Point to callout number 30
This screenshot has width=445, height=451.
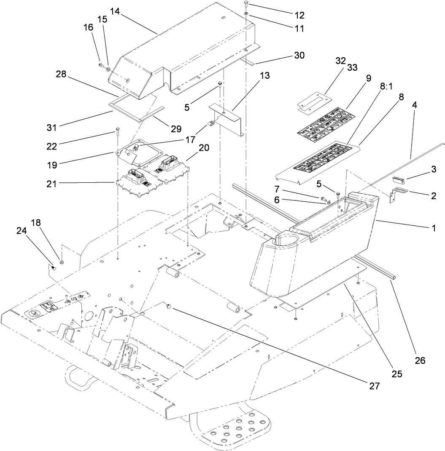click(299, 56)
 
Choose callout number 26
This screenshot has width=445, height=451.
click(420, 360)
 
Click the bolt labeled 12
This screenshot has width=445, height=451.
click(246, 5)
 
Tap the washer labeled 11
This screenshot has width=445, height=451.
click(245, 17)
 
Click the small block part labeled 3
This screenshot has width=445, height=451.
click(399, 180)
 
